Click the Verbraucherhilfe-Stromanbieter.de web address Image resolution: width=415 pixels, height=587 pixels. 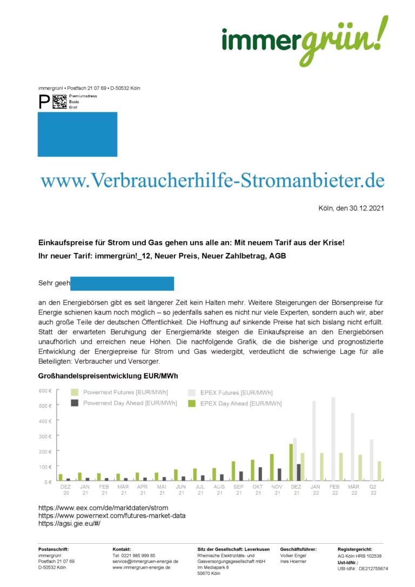tap(212, 180)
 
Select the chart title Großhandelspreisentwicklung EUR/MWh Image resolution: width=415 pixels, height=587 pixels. tap(108, 376)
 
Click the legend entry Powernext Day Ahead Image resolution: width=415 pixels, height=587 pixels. tap(130, 403)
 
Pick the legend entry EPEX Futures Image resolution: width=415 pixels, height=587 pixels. tap(236, 392)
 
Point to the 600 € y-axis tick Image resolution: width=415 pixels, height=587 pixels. tap(45, 391)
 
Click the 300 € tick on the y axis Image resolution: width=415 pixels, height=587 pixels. tap(45, 436)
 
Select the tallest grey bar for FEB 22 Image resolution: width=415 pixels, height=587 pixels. tap(333, 439)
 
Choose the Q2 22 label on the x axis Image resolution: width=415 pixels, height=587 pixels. tap(373, 489)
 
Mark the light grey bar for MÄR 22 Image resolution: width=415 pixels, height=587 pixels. tap(352, 447)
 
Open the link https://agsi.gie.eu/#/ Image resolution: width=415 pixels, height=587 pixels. tap(69, 523)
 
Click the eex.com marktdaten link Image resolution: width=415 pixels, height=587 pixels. tap(103, 508)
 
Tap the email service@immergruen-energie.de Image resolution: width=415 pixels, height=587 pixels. tap(145, 562)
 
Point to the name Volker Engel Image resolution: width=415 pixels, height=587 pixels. tap(293, 556)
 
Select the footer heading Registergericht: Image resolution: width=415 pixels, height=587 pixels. tap(355, 549)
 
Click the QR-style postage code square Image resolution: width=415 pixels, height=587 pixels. tap(60, 102)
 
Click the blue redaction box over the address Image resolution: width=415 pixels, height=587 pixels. tap(77, 135)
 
